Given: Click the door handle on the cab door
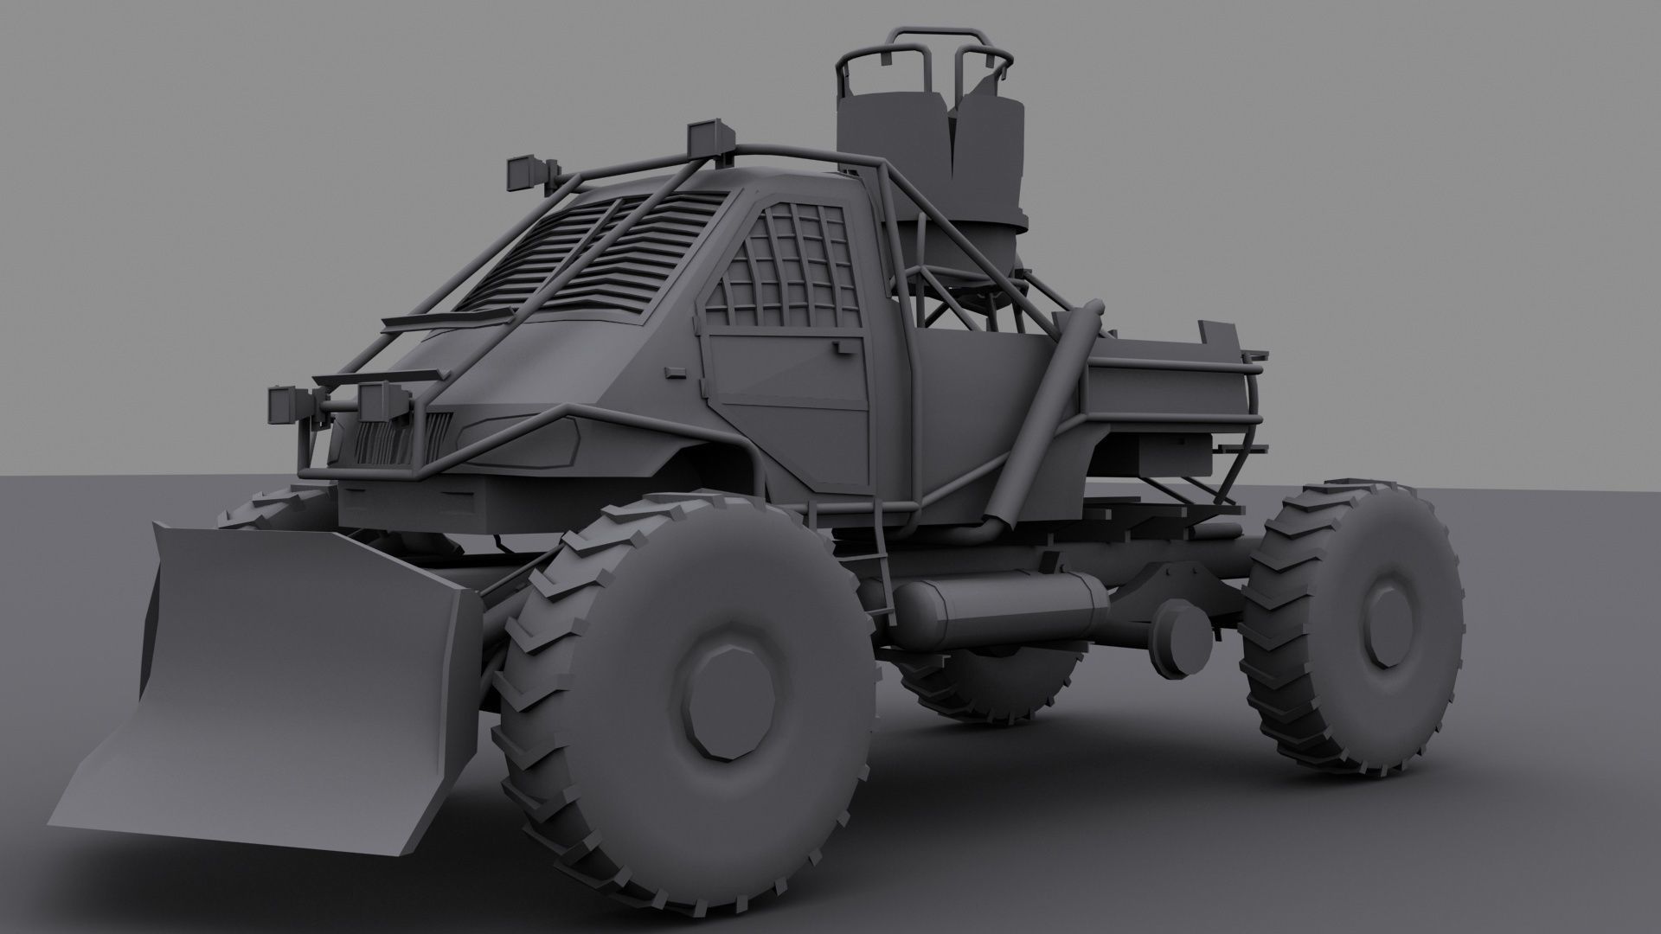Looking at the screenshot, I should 839,348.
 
